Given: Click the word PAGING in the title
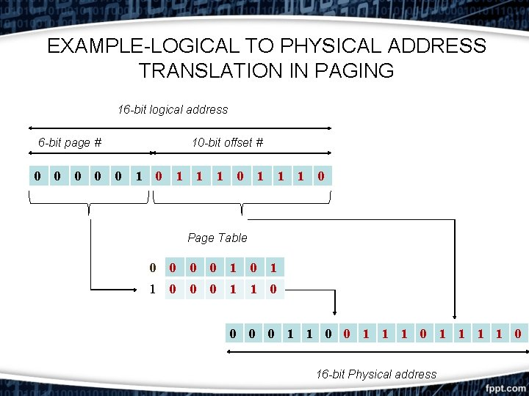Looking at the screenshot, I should tap(354, 71).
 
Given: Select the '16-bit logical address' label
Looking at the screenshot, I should tap(173, 110).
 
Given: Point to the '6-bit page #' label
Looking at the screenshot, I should tap(70, 143).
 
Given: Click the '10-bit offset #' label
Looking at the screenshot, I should tap(227, 143).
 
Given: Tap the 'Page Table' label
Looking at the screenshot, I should tap(217, 238).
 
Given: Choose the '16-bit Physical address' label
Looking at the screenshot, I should tap(376, 374).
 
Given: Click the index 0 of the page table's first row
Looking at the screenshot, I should tap(152, 268).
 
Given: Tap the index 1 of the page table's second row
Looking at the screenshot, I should tap(152, 290).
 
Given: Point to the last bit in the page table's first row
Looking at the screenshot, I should tap(273, 268).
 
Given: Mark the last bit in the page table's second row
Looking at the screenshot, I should tap(273, 290).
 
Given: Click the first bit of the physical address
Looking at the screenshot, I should tap(233, 335).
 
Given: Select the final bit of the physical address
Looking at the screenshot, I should tap(517, 335).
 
